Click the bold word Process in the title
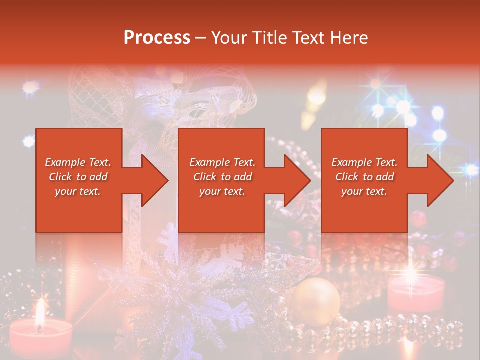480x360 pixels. [157, 38]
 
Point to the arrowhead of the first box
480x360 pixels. [154, 180]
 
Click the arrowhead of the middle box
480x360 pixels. [297, 180]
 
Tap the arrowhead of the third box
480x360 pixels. [440, 180]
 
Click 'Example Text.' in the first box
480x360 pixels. [78, 162]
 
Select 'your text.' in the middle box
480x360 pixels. [222, 191]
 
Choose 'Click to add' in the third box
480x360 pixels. [364, 177]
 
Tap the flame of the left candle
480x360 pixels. [39, 312]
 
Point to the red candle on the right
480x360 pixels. [416, 293]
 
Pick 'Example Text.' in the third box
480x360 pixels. [364, 162]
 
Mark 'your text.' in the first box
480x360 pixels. [78, 191]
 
